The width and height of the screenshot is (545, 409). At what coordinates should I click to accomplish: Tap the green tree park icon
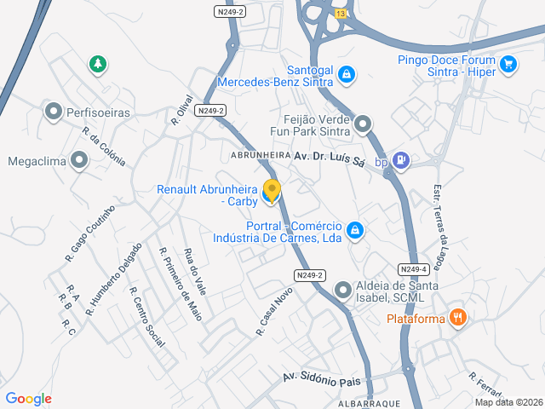click(x=99, y=63)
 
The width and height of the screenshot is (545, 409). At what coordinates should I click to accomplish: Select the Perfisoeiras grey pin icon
click(x=53, y=111)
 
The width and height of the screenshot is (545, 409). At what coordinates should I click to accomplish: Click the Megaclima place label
click(x=35, y=160)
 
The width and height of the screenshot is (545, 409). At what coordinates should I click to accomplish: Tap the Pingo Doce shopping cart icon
click(x=508, y=64)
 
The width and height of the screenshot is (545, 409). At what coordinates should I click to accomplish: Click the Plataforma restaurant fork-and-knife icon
click(x=458, y=318)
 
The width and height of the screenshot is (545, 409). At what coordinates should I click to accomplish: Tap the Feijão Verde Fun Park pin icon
click(x=364, y=125)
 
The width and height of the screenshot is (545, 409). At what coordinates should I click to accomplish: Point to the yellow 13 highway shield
click(x=341, y=14)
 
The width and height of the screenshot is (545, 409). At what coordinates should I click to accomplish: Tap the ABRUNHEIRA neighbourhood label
click(x=261, y=156)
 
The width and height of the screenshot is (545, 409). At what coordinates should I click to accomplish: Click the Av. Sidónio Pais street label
click(x=322, y=378)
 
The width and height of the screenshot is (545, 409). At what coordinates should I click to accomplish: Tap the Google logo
click(x=28, y=399)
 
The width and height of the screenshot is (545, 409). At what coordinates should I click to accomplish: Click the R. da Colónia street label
click(x=104, y=146)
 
